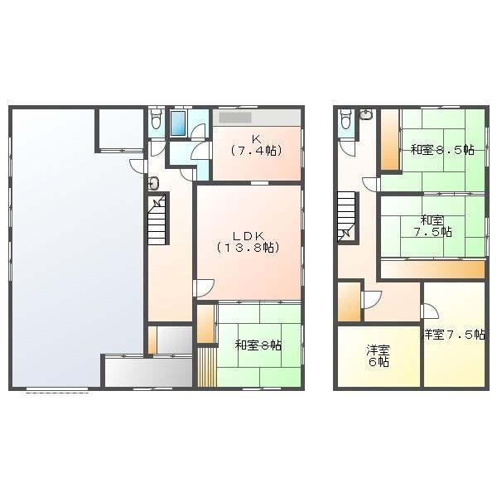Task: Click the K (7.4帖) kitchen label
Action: pyautogui.click(x=257, y=145)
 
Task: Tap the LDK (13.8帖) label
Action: pyautogui.click(x=248, y=242)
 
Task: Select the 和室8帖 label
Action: pyautogui.click(x=258, y=345)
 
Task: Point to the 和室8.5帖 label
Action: pyautogui.click(x=442, y=150)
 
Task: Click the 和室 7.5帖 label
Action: pyautogui.click(x=432, y=226)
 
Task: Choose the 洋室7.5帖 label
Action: pyautogui.click(x=453, y=334)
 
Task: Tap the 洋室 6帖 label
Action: pyautogui.click(x=379, y=356)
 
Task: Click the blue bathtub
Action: pyautogui.click(x=178, y=123)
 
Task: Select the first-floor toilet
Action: pyautogui.click(x=156, y=118)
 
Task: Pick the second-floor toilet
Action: pyautogui.click(x=345, y=118)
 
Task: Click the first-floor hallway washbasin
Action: pyautogui.click(x=154, y=183)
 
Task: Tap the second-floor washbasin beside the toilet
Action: pyautogui.click(x=366, y=113)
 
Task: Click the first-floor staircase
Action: pyautogui.click(x=157, y=219)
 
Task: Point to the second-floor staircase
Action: pyautogui.click(x=346, y=216)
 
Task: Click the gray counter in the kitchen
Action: pyautogui.click(x=235, y=118)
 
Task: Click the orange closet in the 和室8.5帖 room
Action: pyautogui.click(x=389, y=140)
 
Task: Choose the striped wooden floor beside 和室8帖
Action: pyautogui.click(x=207, y=367)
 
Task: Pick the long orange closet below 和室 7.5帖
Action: pyautogui.click(x=432, y=270)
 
